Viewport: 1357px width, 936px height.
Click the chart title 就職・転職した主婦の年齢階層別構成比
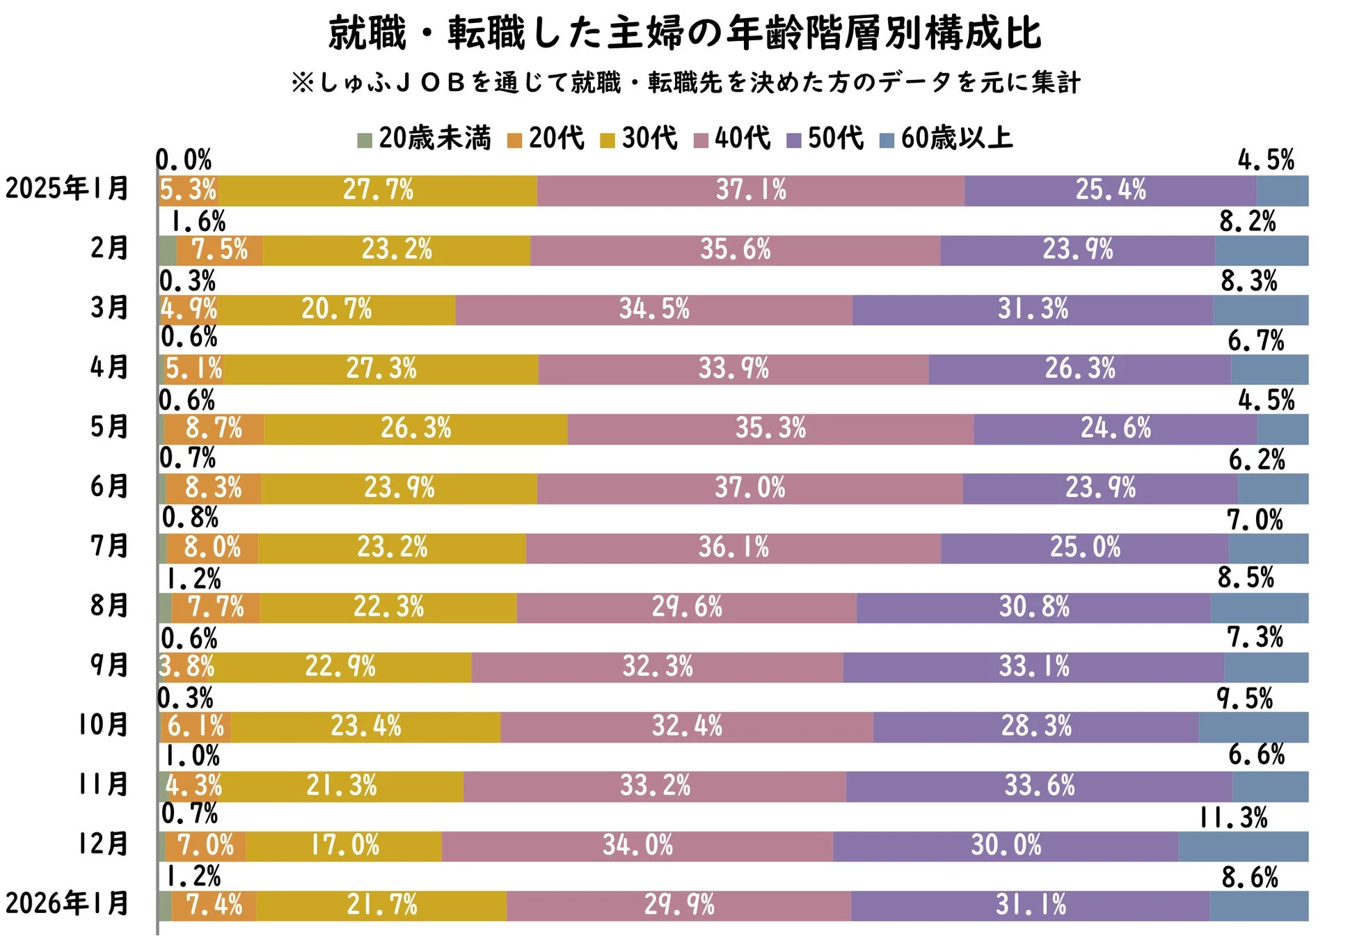[685, 33]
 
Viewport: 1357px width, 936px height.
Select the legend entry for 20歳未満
[424, 138]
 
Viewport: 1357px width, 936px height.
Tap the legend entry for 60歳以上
[946, 138]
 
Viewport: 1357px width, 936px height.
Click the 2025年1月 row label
[68, 189]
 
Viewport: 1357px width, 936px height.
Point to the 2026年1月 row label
[68, 903]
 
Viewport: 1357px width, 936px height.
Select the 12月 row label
[103, 844]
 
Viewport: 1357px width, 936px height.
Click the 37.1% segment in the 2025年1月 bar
[751, 190]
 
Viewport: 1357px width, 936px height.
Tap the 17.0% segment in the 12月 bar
[344, 846]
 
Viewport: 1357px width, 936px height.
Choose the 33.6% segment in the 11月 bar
[1039, 786]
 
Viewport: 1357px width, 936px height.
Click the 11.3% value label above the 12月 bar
[1232, 818]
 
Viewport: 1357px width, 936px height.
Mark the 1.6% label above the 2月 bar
[198, 222]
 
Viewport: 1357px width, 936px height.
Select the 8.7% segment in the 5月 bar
[214, 429]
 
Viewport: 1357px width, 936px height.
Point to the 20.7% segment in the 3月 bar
[337, 309]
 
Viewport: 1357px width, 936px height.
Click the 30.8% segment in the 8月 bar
[1034, 608]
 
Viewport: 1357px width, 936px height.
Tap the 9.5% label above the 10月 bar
[1244, 699]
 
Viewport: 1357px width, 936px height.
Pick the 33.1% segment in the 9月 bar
[1034, 667]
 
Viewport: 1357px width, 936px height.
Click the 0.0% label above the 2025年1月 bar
[184, 161]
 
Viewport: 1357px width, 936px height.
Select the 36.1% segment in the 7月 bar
[733, 548]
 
